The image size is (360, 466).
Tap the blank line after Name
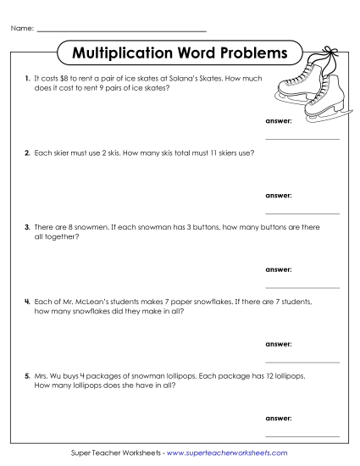point(122,31)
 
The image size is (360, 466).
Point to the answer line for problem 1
point(302,137)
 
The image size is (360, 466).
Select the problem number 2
point(28,153)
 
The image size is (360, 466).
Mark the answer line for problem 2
point(302,213)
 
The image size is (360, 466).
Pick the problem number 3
point(28,228)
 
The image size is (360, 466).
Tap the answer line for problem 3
point(302,287)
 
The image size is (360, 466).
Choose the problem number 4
point(28,302)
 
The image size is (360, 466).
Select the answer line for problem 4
point(302,361)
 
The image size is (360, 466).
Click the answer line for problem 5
point(302,435)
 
